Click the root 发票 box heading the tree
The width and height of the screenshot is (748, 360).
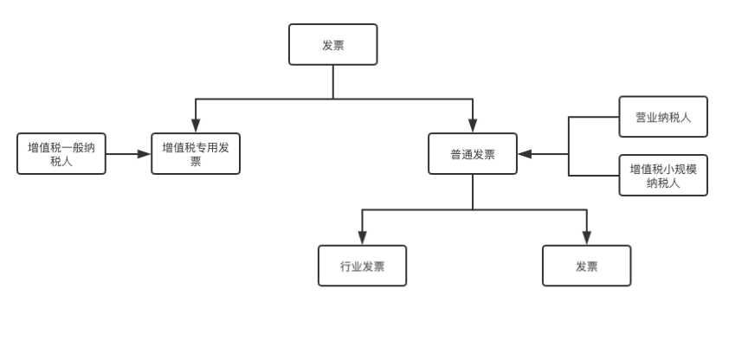[x=333, y=44]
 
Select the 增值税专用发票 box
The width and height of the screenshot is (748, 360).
[x=196, y=153]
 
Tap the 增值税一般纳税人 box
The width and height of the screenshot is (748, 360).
[x=61, y=153]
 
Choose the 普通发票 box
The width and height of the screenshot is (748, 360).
[x=473, y=153]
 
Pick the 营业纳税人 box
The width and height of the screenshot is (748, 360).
[x=663, y=117]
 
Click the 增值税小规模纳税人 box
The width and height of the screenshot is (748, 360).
[x=663, y=175]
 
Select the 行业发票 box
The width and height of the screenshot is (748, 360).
[x=363, y=266]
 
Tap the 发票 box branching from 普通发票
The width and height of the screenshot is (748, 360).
[x=587, y=266]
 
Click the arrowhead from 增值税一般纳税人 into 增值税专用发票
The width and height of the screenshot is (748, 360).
[x=144, y=154]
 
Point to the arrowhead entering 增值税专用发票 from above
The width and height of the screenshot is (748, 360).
[x=196, y=125]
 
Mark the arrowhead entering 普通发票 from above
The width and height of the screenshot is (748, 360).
[x=473, y=125]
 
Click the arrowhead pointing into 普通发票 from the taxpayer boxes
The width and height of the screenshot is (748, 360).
[x=526, y=154]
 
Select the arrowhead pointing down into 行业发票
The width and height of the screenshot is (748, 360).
[x=363, y=237]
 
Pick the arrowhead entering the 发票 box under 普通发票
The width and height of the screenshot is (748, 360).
[x=587, y=237]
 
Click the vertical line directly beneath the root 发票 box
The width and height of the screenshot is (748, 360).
[x=333, y=82]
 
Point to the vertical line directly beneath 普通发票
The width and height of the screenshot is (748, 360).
[x=473, y=191]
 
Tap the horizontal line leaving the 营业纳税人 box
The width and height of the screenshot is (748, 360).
[x=594, y=117]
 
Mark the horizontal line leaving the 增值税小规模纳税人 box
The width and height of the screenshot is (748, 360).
[x=594, y=176]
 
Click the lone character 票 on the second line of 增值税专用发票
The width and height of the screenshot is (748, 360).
[x=196, y=162]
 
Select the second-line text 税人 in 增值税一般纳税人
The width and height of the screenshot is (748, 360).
[x=61, y=162]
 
